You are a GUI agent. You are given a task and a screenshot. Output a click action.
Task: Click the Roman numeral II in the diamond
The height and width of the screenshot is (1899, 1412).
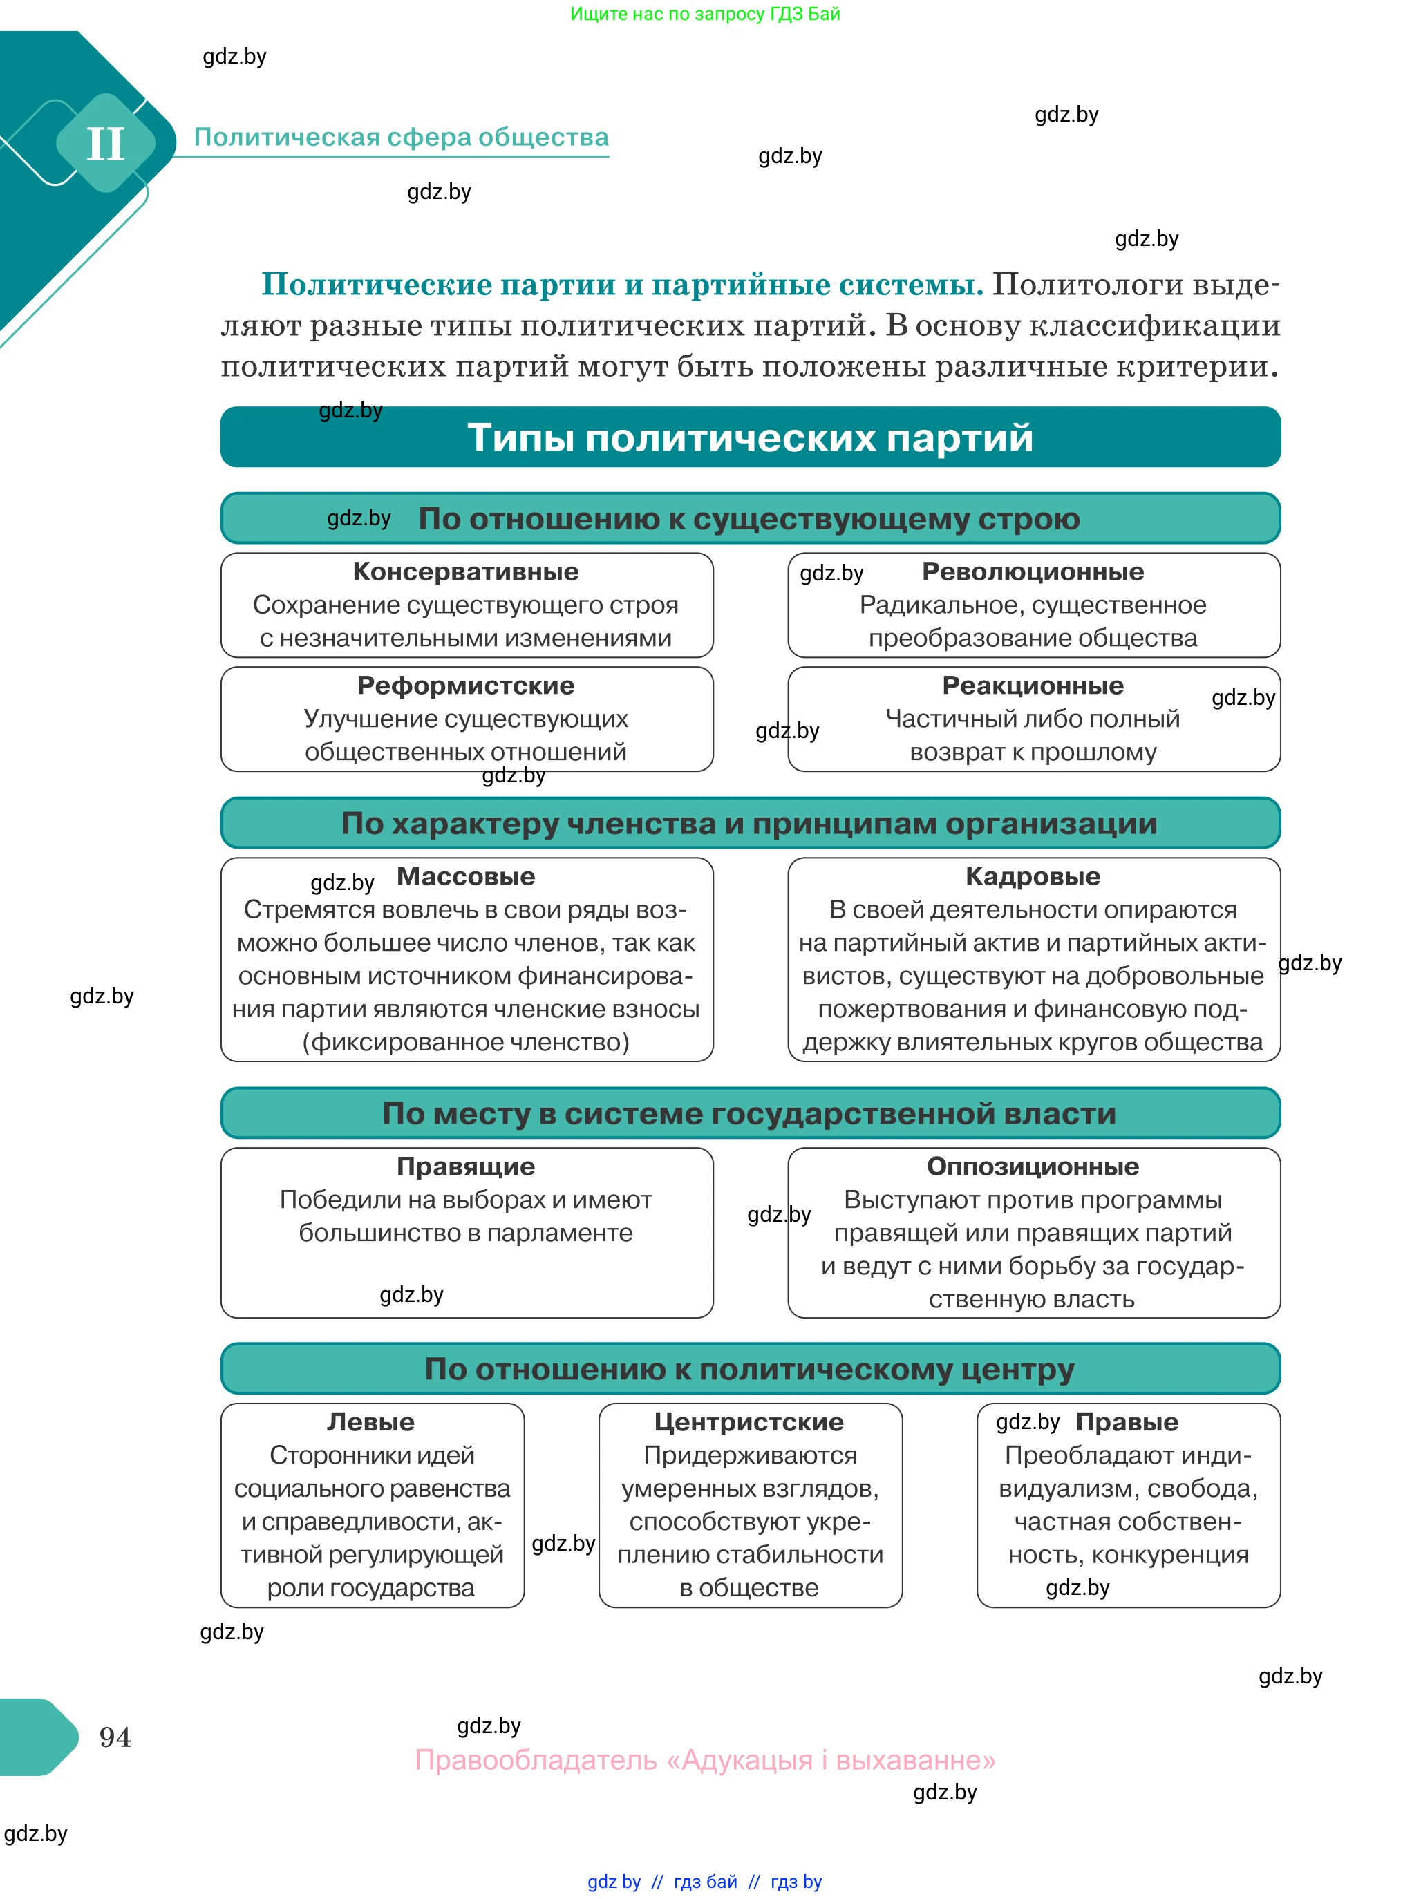click(105, 144)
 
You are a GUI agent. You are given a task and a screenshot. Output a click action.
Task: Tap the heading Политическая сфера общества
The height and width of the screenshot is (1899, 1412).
click(401, 137)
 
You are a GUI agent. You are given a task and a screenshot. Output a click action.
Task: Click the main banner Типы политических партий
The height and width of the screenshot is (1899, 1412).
click(750, 437)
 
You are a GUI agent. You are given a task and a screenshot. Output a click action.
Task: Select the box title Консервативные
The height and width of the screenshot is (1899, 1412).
click(466, 571)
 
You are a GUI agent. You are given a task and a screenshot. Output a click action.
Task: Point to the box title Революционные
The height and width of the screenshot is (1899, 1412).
click(1033, 571)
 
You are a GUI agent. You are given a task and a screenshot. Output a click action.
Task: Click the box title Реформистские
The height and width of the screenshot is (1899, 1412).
click(466, 686)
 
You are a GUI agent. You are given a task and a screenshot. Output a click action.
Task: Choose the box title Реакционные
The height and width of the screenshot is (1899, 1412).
click(1033, 686)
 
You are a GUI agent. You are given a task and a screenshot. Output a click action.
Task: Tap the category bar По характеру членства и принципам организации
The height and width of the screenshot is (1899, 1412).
click(750, 823)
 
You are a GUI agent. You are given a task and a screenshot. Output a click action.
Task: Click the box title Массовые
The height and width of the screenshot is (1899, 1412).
click(466, 876)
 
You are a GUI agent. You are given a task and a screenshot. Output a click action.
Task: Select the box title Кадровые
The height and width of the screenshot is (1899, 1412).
click(1033, 876)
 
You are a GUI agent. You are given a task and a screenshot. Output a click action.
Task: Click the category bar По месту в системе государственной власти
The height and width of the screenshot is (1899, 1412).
click(750, 1113)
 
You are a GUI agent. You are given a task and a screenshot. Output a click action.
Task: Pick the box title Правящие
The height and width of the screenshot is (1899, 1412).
click(466, 1166)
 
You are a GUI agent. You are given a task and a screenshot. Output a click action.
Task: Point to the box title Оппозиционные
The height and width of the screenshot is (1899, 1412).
click(1033, 1166)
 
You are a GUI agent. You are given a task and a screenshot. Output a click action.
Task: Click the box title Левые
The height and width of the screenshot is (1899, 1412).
click(371, 1421)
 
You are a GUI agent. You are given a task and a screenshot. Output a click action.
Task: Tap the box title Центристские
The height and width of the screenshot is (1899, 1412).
click(750, 1421)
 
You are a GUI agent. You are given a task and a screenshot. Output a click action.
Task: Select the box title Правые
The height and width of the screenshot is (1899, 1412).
click(1127, 1421)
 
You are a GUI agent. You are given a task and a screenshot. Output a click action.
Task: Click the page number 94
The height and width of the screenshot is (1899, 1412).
click(115, 1737)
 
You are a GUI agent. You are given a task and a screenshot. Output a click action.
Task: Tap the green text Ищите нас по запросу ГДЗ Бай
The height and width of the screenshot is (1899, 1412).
click(705, 14)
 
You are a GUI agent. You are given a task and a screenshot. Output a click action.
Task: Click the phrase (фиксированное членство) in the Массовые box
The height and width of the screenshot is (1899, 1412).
click(466, 1042)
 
